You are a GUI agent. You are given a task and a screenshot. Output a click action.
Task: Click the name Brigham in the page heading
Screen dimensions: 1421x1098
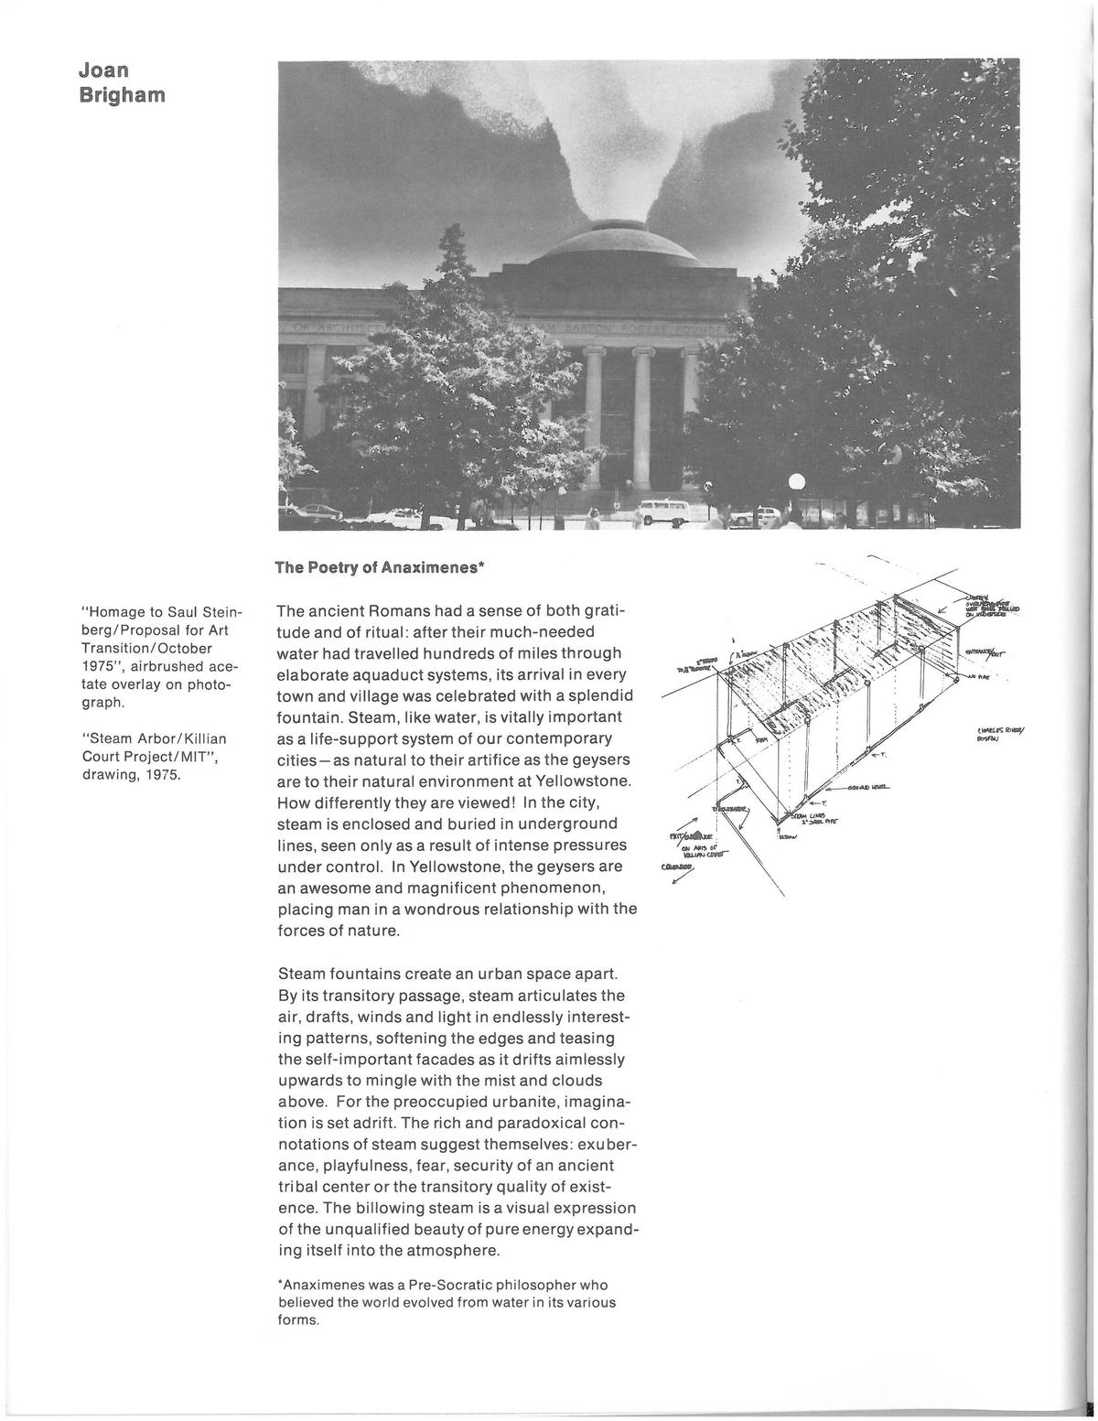122,94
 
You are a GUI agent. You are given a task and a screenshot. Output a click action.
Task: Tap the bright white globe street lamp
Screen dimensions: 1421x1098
796,482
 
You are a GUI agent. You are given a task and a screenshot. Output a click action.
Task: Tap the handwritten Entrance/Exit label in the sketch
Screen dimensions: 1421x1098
986,653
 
